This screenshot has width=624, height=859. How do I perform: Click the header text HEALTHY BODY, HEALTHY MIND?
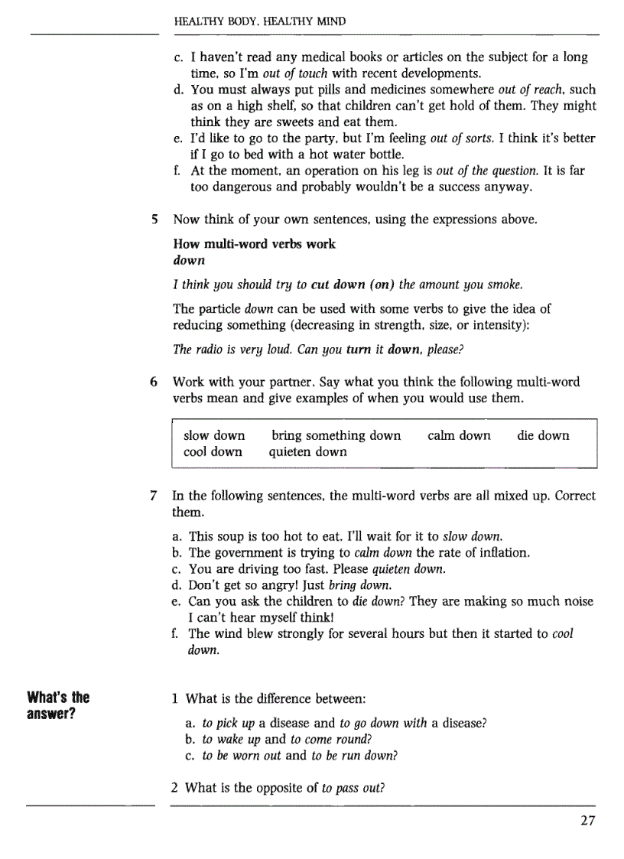260,21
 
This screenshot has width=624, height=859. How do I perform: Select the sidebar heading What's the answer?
58,705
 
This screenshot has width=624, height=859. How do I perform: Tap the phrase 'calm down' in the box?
459,435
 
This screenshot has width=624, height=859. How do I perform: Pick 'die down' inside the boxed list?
543,435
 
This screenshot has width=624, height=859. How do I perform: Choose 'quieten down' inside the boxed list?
307,451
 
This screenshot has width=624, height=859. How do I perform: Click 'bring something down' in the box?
336,435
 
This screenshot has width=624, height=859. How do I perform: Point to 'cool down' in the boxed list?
213,451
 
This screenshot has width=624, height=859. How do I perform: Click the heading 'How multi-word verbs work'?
254,244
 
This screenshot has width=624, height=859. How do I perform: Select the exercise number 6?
154,381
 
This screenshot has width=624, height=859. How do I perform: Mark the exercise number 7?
154,496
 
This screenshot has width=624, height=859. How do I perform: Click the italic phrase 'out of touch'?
294,73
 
